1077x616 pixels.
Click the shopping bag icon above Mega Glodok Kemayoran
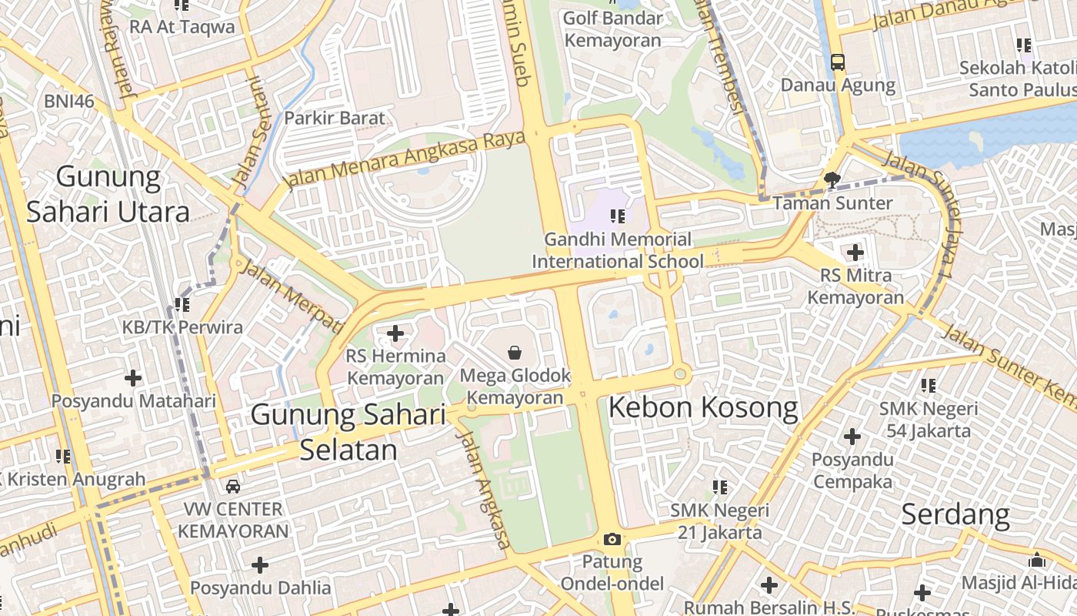click(515, 353)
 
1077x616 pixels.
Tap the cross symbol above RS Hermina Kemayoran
click(395, 333)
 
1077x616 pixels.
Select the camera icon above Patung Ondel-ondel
click(612, 539)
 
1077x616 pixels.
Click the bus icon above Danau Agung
click(838, 62)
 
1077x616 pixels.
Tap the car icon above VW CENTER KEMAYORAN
click(233, 487)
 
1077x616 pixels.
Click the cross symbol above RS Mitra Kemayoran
click(855, 252)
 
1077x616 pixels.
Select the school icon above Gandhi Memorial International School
click(617, 216)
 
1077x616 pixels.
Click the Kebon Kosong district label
click(703, 408)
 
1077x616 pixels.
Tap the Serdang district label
click(955, 514)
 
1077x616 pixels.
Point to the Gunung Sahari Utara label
click(108, 194)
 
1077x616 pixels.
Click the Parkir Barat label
click(335, 119)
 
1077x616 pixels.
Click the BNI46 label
click(68, 101)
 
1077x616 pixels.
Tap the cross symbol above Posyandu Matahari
click(133, 378)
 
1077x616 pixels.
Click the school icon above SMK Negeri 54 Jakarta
click(929, 385)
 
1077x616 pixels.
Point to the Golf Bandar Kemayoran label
click(612, 28)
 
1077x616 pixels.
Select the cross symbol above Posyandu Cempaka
click(852, 437)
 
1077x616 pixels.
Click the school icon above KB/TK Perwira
click(182, 305)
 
